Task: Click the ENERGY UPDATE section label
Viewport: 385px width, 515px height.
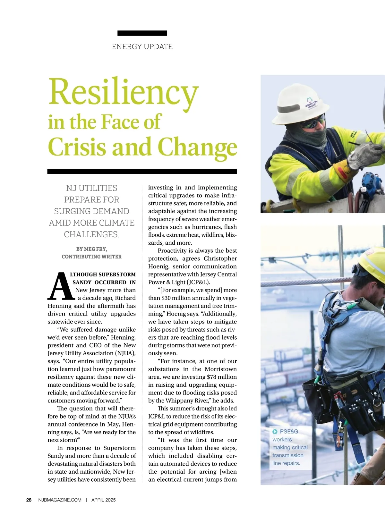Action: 142,47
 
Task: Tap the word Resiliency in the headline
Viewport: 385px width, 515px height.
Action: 123,92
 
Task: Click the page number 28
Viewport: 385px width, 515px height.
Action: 29,500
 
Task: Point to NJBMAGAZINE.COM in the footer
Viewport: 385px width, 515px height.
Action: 60,500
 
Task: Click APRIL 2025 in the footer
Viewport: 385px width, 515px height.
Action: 103,500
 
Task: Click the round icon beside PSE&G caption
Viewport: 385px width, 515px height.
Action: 275,432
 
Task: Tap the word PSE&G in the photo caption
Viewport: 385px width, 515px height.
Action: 289,432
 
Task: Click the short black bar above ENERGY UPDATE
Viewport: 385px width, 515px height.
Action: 142,33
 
